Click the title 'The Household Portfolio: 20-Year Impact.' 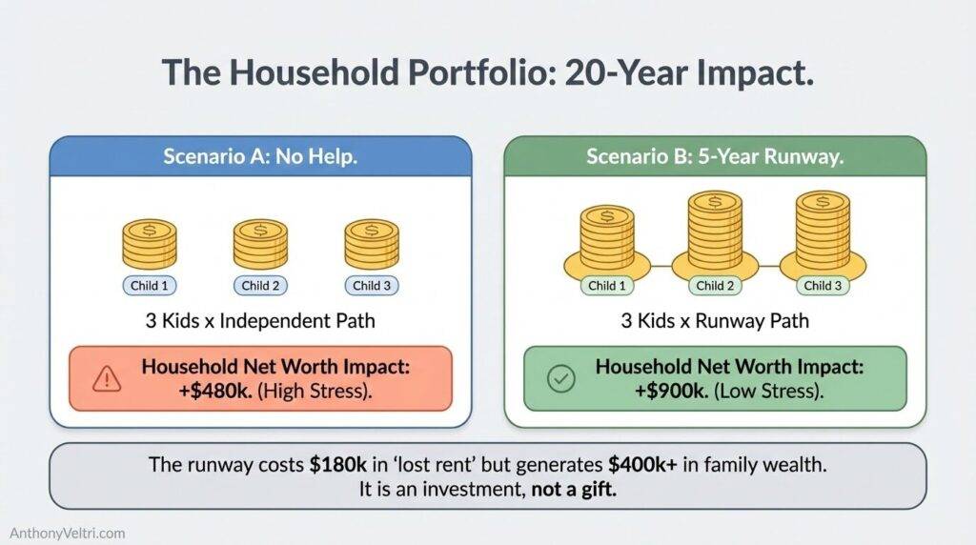click(x=487, y=73)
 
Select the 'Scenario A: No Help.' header click(x=259, y=156)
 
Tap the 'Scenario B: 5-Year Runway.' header click(x=714, y=156)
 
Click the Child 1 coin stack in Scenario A click(x=150, y=243)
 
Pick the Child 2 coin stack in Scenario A click(x=260, y=243)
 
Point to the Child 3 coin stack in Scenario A click(x=372, y=243)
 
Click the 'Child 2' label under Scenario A click(x=260, y=285)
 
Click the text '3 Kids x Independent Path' click(x=259, y=321)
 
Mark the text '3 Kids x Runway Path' click(x=714, y=321)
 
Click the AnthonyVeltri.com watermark click(x=68, y=534)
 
